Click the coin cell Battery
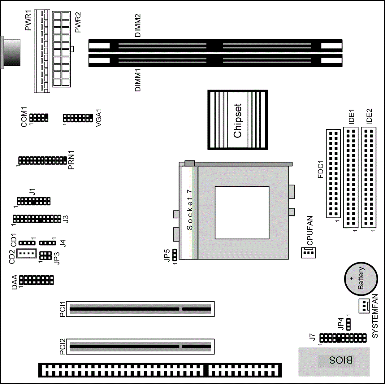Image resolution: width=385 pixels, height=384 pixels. tap(361, 279)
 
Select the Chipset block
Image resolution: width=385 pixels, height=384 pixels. tap(238, 120)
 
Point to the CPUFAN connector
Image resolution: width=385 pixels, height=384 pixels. tap(309, 253)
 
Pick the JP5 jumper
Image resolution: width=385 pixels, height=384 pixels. tap(175, 255)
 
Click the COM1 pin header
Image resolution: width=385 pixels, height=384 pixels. tap(39, 118)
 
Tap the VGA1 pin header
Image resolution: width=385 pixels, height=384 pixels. tap(78, 118)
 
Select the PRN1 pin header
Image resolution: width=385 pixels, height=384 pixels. tap(43, 161)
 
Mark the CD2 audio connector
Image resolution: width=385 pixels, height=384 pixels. tap(27, 253)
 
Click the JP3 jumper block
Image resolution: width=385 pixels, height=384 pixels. tap(45, 255)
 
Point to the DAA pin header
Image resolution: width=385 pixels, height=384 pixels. tap(37, 280)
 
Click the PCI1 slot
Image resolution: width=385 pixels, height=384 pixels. tap(140, 309)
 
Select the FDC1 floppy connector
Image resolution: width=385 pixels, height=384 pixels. tap(333, 173)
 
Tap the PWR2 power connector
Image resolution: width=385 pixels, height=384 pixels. tap(61, 49)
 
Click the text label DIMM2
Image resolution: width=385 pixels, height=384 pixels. tap(138, 25)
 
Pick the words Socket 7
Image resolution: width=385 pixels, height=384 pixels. tap(189, 209)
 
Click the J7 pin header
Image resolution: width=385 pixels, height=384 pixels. tap(343, 338)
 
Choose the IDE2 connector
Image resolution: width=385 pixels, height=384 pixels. tap(369, 177)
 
